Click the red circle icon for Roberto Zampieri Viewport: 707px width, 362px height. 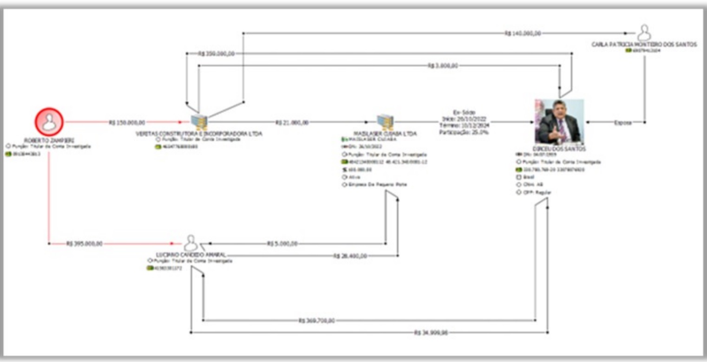point(49,122)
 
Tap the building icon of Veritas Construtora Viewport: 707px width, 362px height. point(199,122)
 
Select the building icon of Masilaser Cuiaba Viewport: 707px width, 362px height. point(385,122)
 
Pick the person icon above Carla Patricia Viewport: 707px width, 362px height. point(644,33)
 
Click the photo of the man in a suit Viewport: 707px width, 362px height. point(559,121)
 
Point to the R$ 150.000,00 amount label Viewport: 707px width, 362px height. point(127,123)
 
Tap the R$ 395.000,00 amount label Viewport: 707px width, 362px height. point(84,243)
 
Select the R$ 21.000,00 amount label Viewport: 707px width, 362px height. point(292,123)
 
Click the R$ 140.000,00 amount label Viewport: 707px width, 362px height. point(523,33)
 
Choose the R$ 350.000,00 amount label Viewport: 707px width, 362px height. point(216,53)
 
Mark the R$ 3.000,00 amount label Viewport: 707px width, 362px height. point(443,66)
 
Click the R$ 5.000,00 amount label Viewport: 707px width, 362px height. point(282,244)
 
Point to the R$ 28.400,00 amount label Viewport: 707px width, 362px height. point(350,256)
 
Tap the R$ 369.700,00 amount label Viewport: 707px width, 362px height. point(316,320)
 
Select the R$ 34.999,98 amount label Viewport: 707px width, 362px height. point(432,332)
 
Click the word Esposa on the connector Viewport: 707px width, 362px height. point(622,123)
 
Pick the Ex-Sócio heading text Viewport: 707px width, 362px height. point(464,112)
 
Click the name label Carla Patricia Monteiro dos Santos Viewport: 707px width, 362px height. point(644,45)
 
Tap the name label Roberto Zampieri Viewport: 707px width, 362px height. point(49,140)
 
